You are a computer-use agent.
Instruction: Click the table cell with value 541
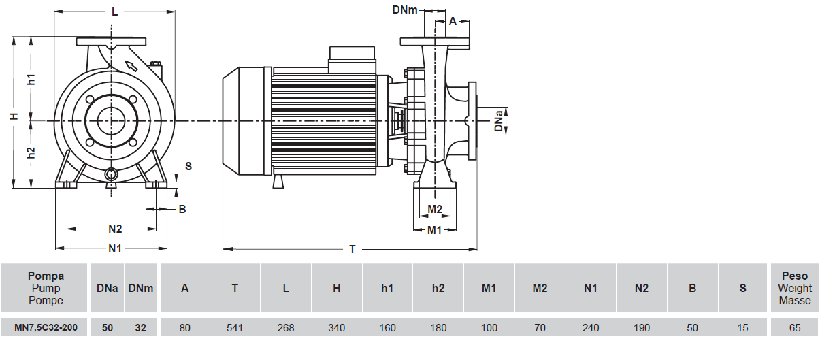(235, 327)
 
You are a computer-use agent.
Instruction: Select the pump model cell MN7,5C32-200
(46, 327)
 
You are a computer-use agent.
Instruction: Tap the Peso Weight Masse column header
(795, 288)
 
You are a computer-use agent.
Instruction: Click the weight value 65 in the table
(795, 327)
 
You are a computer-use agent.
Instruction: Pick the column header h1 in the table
(387, 288)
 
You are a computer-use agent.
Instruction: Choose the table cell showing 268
(286, 327)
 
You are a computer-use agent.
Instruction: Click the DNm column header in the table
(141, 288)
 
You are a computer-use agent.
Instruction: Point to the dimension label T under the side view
(352, 249)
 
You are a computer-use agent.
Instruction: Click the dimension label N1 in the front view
(115, 248)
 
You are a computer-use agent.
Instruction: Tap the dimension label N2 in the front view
(115, 229)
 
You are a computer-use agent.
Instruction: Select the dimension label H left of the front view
(14, 116)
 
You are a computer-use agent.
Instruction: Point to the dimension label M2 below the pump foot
(436, 208)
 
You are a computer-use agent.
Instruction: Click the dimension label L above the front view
(114, 12)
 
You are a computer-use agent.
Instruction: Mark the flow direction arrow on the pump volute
(131, 66)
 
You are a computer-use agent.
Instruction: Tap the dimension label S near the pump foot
(188, 166)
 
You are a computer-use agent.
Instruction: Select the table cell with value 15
(742, 327)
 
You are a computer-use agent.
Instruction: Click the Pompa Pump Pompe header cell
(46, 288)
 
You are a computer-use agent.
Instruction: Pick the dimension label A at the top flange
(453, 21)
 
